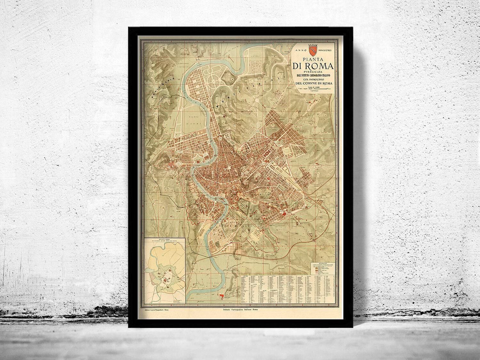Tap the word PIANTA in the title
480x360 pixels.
click(x=312, y=60)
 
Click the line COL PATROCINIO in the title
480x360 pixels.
click(x=312, y=79)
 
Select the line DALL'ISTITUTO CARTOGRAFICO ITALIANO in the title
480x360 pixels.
click(x=312, y=76)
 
